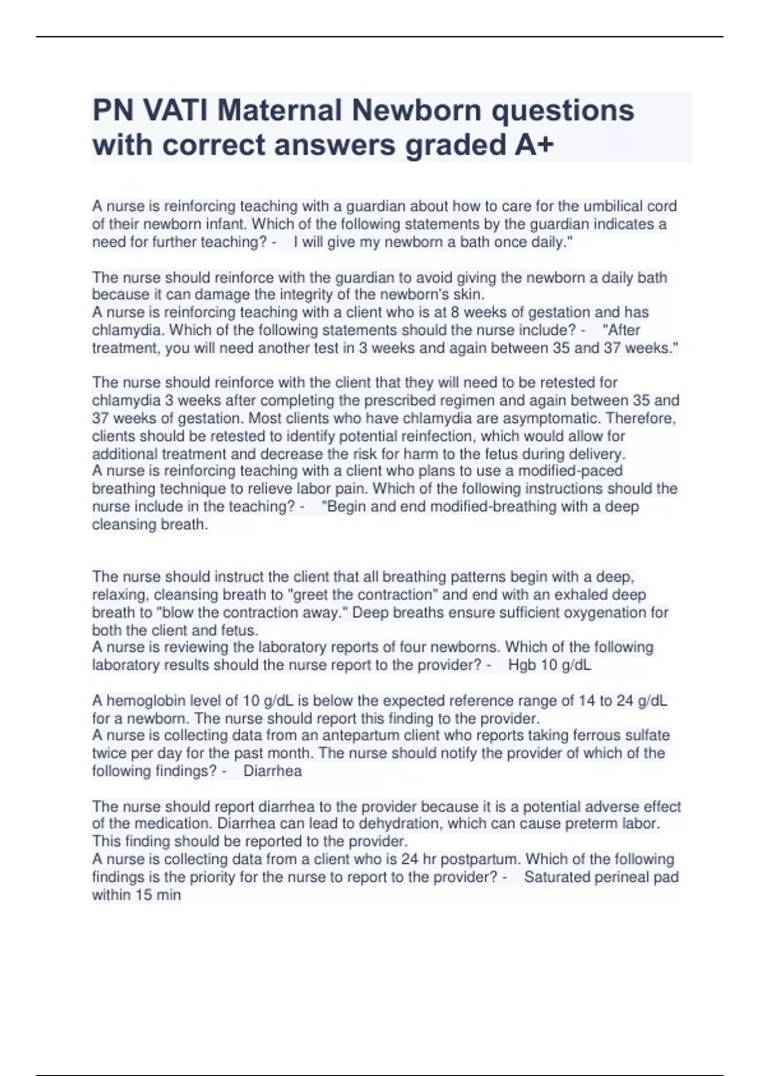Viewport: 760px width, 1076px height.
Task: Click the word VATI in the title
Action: point(174,111)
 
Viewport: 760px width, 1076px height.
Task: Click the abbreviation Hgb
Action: point(522,665)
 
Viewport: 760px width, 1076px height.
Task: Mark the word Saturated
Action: point(557,877)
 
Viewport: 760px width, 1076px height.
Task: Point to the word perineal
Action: point(620,877)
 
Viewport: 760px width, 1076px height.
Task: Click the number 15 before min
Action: point(142,895)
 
